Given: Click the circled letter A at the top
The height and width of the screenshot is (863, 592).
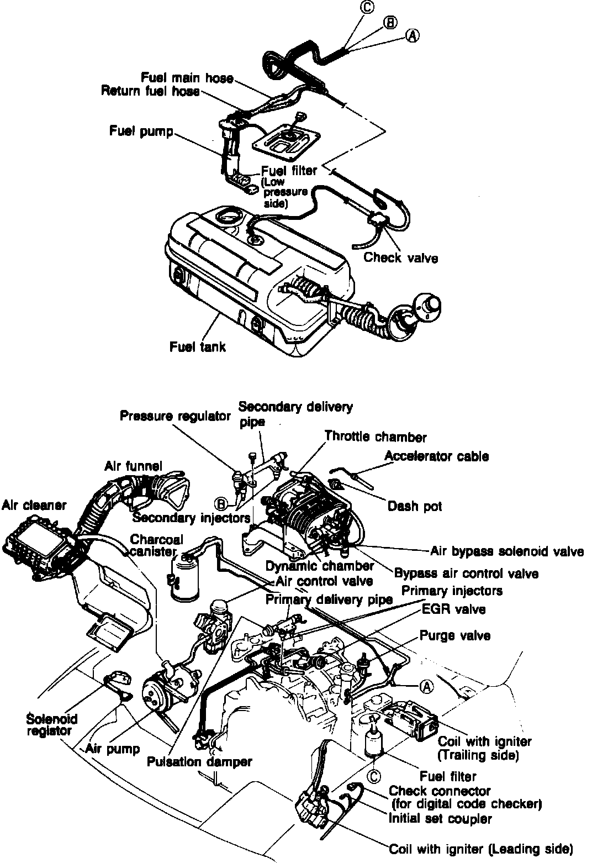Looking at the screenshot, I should point(413,35).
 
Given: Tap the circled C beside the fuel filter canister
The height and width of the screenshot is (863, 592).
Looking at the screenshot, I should point(374,776).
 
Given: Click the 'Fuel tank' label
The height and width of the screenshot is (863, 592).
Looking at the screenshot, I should point(198,347).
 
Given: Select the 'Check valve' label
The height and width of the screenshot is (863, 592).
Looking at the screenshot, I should point(400,257).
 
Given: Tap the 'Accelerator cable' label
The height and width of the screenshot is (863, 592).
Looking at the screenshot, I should point(436,456).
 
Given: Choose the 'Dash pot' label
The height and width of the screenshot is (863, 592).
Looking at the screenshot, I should point(415,506).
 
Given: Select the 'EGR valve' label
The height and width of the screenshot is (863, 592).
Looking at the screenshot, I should point(453,609).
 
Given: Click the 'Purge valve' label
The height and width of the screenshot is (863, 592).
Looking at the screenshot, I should point(455,635).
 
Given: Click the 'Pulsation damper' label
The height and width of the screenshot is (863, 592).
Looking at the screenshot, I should point(199,761).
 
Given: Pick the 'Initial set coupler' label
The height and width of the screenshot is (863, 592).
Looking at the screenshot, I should point(440,818).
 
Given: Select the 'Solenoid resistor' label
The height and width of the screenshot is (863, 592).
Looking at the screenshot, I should point(51,724).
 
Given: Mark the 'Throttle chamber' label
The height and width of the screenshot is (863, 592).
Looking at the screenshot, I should point(376,437).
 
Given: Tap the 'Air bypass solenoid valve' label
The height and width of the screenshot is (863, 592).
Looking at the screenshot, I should point(506,551).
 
